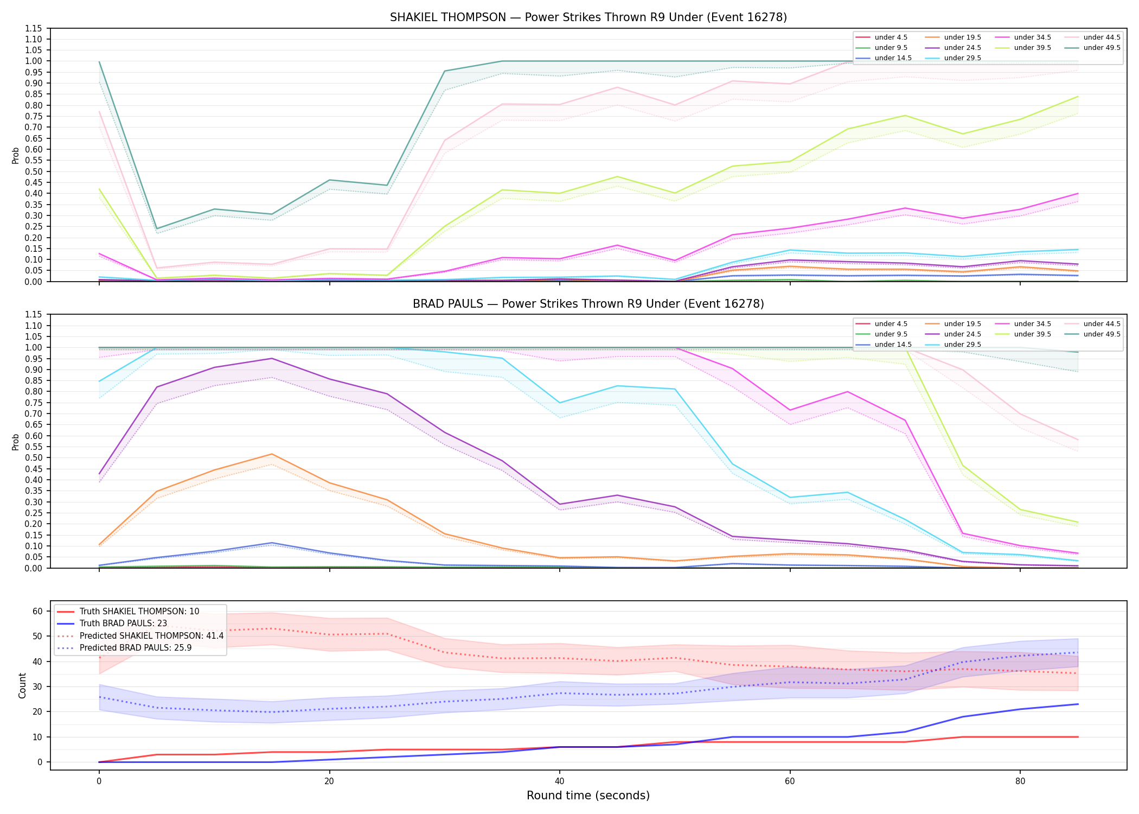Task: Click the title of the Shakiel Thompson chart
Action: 588,17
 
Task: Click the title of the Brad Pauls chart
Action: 588,304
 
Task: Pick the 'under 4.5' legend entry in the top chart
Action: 882,37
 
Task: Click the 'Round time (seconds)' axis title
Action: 588,796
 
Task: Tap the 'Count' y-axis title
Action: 22,685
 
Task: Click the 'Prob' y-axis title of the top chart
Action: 16,155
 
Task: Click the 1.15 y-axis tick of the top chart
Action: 35,28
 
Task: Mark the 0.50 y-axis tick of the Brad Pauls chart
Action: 35,457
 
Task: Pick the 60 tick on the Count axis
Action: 37,611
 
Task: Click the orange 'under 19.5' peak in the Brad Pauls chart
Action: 272,454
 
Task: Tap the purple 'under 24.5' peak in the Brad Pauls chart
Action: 272,358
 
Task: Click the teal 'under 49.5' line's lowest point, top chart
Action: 157,229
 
